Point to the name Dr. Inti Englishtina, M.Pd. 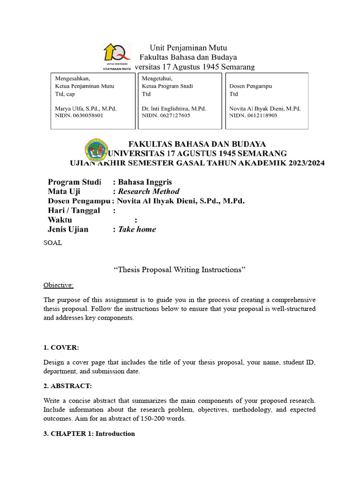click(174, 108)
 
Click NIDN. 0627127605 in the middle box click(166, 115)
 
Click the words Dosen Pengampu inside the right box click(250, 86)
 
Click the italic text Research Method click(149, 191)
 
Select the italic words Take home click(137, 229)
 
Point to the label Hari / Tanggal click(74, 210)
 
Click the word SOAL click(52, 243)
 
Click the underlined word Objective click(59, 285)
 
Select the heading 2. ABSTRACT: click(67, 386)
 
